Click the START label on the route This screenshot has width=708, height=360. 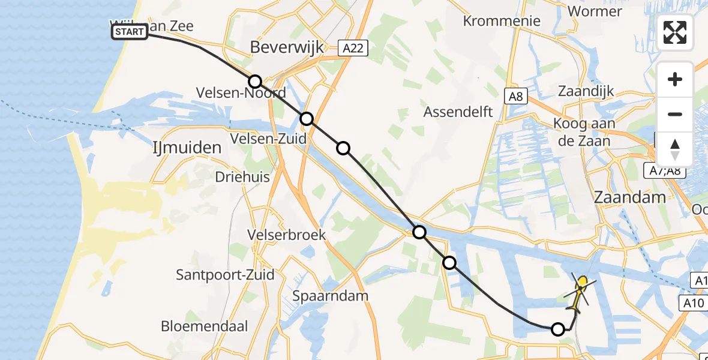(130, 32)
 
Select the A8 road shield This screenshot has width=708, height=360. (515, 96)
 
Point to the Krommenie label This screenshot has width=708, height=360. (502, 21)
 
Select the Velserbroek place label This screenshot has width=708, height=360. (287, 235)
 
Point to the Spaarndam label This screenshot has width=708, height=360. (330, 296)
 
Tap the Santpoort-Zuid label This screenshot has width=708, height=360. (225, 275)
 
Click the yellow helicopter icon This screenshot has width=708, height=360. (580, 292)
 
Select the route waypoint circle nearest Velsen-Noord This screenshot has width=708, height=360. (255, 82)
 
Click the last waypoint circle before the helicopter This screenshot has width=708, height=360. (558, 329)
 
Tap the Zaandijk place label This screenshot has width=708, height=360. (586, 91)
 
